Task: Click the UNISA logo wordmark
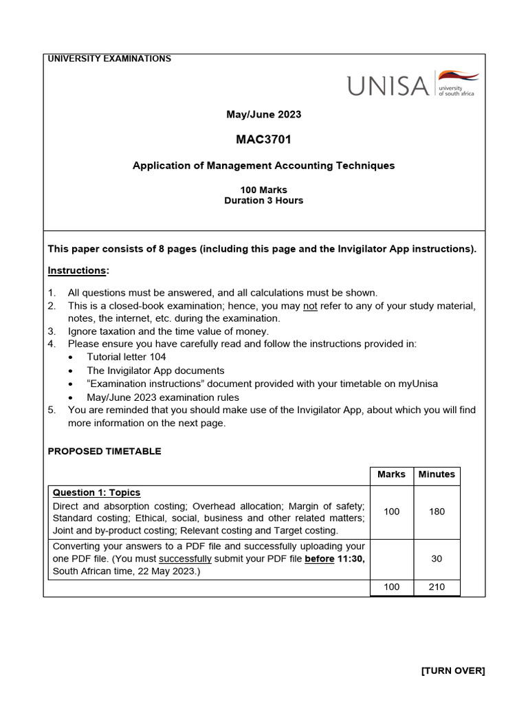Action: click(x=388, y=86)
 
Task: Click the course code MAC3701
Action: click(x=263, y=140)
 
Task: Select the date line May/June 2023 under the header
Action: click(x=263, y=114)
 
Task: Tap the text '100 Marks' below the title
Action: click(x=263, y=190)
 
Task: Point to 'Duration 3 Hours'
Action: click(x=263, y=201)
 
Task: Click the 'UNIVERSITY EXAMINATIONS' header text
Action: click(x=109, y=59)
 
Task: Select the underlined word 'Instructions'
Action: click(x=76, y=271)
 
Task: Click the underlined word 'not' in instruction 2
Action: click(x=310, y=306)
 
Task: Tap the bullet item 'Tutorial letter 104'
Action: click(x=126, y=357)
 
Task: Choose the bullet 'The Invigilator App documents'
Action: click(x=155, y=371)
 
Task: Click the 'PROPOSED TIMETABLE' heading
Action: click(x=104, y=452)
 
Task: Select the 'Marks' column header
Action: click(x=391, y=474)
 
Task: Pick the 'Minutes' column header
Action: click(x=437, y=474)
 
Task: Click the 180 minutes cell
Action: click(x=437, y=511)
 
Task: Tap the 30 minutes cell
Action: click(x=437, y=559)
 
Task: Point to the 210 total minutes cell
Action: click(x=437, y=587)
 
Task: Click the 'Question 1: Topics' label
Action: click(x=96, y=493)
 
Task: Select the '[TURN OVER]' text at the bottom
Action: click(x=453, y=671)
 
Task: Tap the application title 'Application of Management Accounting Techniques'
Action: click(x=263, y=166)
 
